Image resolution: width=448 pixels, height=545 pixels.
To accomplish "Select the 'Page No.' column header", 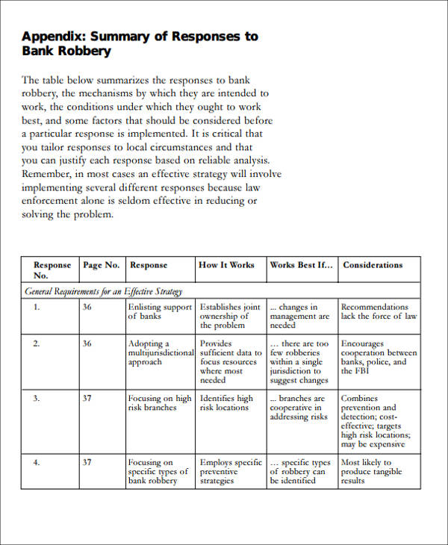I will (101, 265).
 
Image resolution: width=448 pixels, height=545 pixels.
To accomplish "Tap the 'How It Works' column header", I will (226, 265).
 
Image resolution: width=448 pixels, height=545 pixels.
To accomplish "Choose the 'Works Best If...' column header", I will (300, 265).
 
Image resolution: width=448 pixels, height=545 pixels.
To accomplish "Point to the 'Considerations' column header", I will (373, 265).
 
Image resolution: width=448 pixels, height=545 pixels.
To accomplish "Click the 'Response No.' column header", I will (52, 270).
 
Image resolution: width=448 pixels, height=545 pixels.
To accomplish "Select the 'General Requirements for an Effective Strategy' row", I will (104, 291).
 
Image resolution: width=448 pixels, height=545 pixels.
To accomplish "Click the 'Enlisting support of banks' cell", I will (160, 311).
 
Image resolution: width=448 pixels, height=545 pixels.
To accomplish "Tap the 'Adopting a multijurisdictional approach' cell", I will (160, 352).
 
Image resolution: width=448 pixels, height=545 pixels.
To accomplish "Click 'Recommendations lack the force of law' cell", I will (379, 311).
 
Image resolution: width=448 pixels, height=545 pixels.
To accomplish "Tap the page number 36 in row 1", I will (87, 307).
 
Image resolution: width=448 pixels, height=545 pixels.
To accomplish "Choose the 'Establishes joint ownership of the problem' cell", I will (230, 316).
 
